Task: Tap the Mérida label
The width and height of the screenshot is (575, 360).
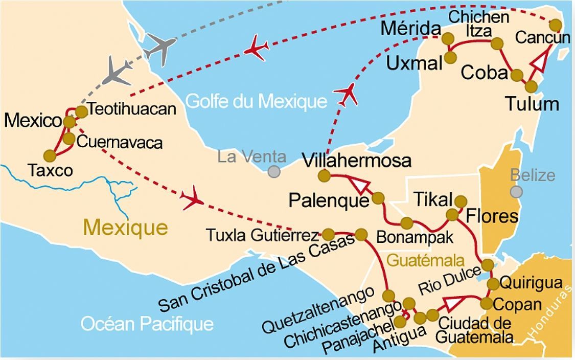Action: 410,30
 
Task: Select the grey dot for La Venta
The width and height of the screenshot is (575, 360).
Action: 274,172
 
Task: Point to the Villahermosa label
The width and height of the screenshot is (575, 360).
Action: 356,160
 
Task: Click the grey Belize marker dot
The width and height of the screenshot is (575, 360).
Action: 516,192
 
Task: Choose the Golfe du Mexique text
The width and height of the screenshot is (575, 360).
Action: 256,101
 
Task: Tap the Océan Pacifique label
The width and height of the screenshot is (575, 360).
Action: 147,323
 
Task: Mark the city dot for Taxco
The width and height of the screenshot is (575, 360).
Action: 50,155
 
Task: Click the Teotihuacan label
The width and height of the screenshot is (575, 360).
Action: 131,109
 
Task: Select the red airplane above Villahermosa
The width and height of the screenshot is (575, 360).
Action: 346,94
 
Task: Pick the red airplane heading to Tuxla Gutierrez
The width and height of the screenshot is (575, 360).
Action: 192,199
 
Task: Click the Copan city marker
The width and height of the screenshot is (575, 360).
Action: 486,303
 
